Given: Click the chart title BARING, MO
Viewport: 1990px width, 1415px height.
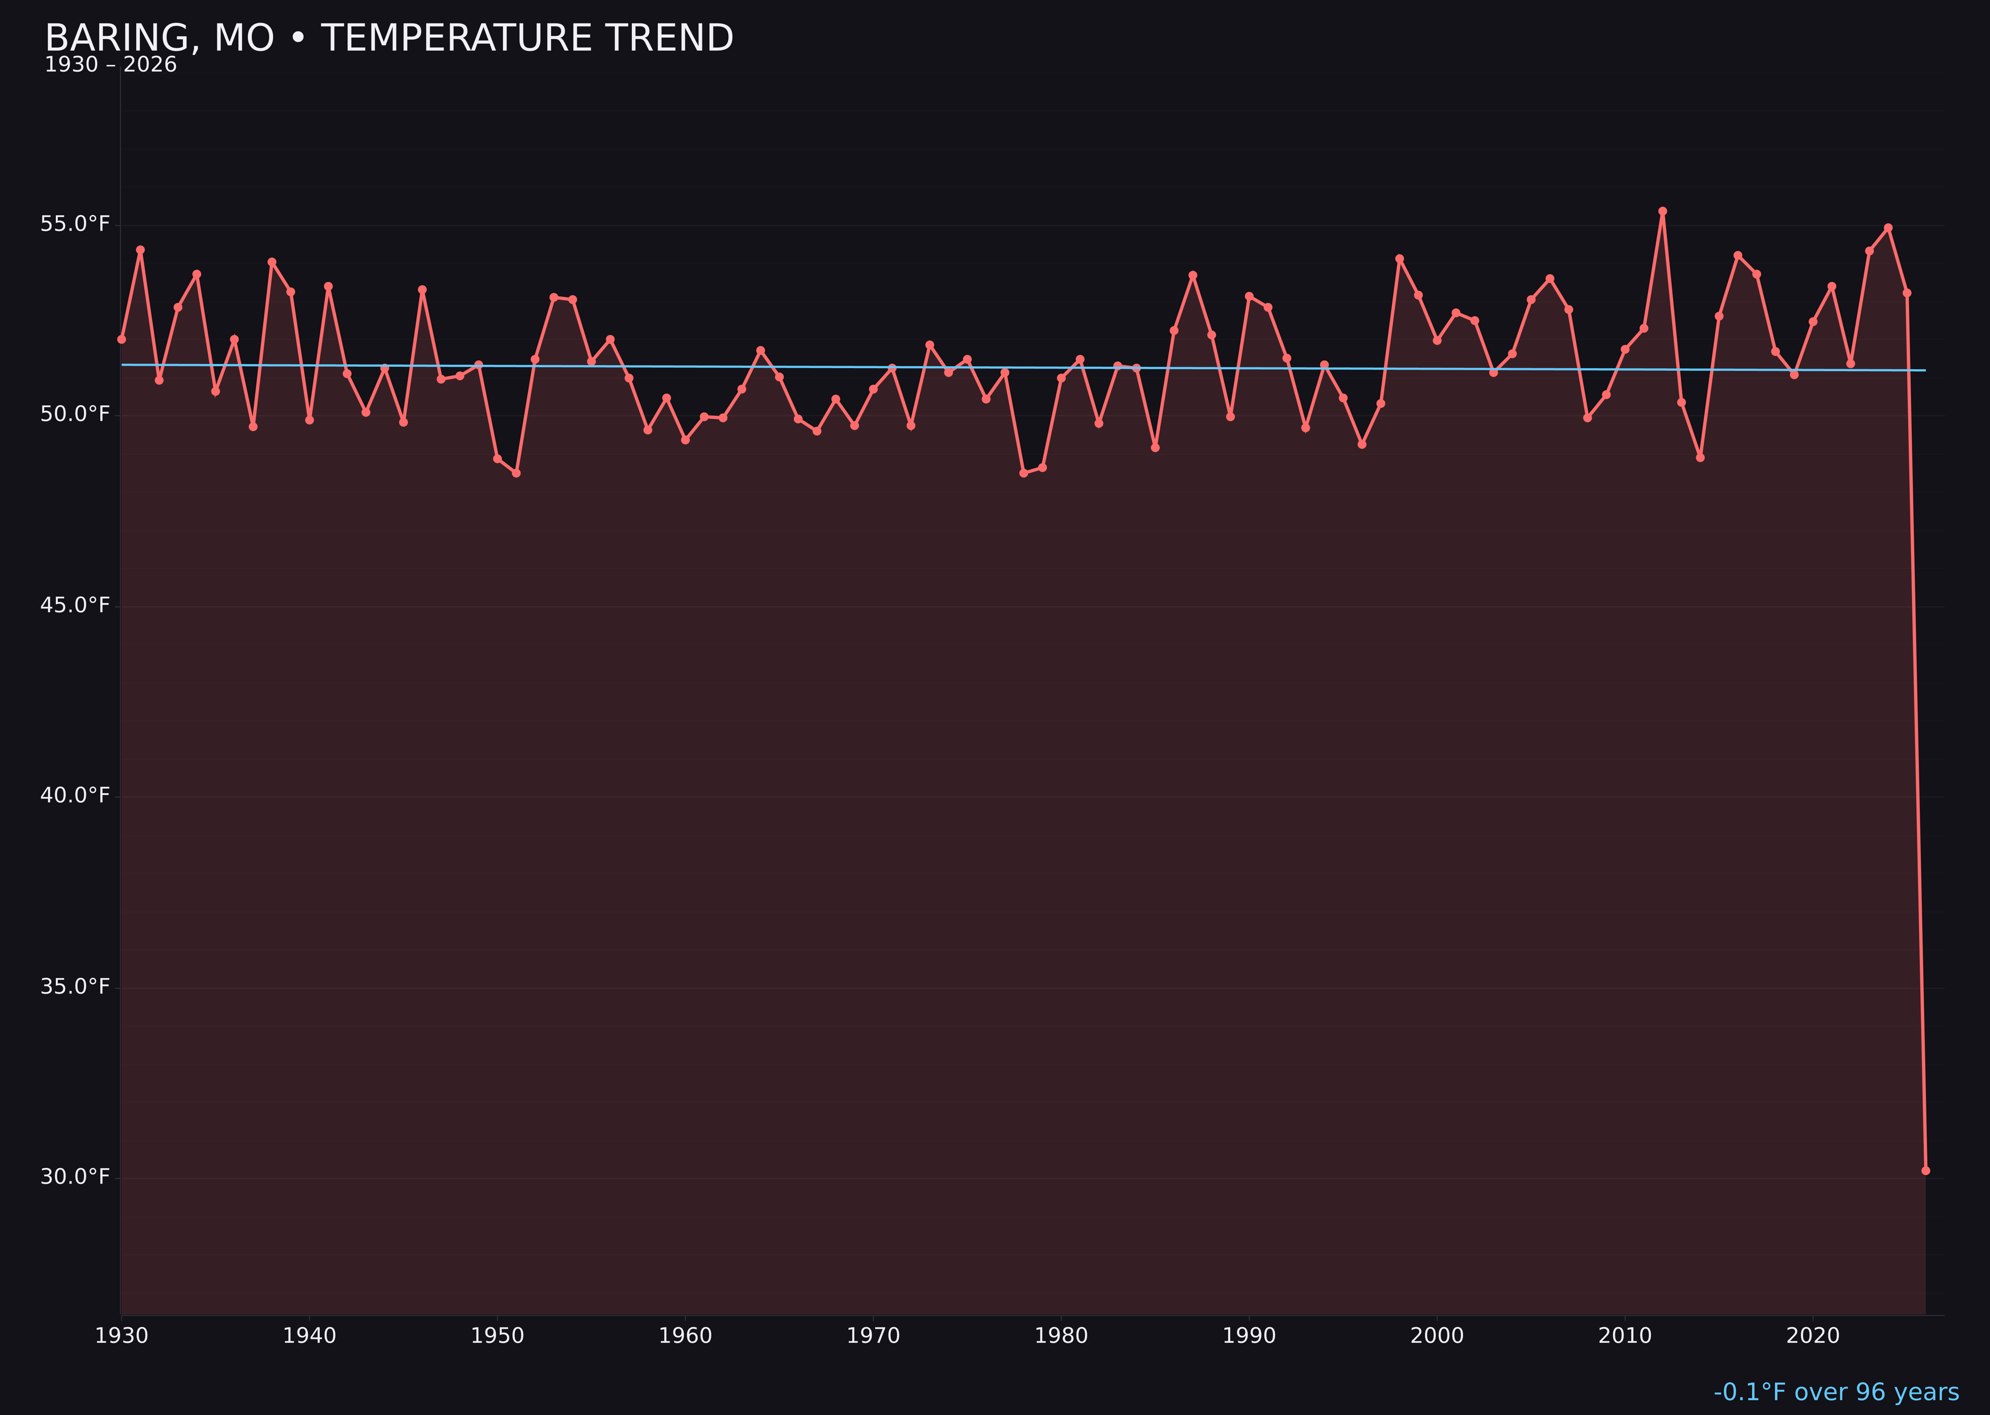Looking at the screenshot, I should point(389,38).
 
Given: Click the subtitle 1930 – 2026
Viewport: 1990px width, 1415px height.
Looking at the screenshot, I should point(110,65).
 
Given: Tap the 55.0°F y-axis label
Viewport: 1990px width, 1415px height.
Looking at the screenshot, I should point(75,224).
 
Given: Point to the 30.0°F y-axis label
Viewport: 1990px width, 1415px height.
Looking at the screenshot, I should point(75,1177).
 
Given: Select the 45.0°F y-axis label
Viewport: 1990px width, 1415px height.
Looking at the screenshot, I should point(75,605).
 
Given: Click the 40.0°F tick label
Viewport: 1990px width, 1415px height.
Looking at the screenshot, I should point(75,796).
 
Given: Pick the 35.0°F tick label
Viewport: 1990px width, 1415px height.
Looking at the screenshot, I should point(75,986).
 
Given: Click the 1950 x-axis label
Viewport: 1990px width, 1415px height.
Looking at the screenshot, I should point(497,1336).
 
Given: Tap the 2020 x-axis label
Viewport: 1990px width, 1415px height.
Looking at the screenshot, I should point(1813,1336).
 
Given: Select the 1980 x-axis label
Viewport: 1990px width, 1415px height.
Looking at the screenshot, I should point(1061,1336).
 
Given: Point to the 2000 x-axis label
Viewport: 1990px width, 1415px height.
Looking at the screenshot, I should point(1437,1336).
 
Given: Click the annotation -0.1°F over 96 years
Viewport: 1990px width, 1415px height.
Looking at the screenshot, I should point(1836,1392).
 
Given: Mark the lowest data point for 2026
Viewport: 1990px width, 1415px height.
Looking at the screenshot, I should point(1925,1171).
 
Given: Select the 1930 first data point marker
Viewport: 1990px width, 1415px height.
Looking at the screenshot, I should point(121,339).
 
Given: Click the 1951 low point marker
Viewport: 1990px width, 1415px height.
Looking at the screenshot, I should point(516,473).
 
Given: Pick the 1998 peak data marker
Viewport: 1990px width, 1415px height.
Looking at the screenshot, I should point(1399,259).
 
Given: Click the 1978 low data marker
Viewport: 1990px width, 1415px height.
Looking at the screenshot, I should point(1024,473).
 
